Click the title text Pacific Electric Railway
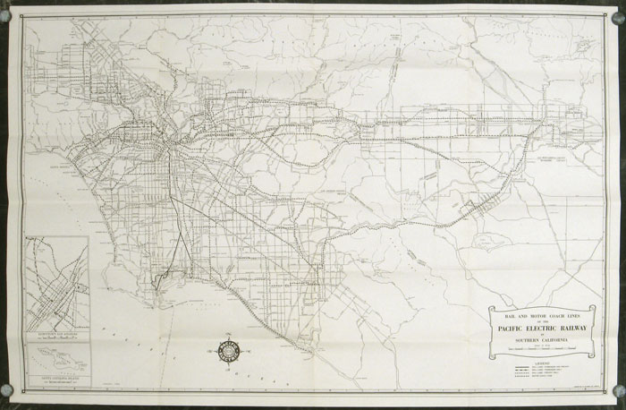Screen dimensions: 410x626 542,329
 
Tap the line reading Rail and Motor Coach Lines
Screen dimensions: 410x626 542,316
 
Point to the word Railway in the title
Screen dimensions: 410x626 572,329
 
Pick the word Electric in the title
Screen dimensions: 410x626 539,329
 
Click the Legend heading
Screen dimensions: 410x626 542,364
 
